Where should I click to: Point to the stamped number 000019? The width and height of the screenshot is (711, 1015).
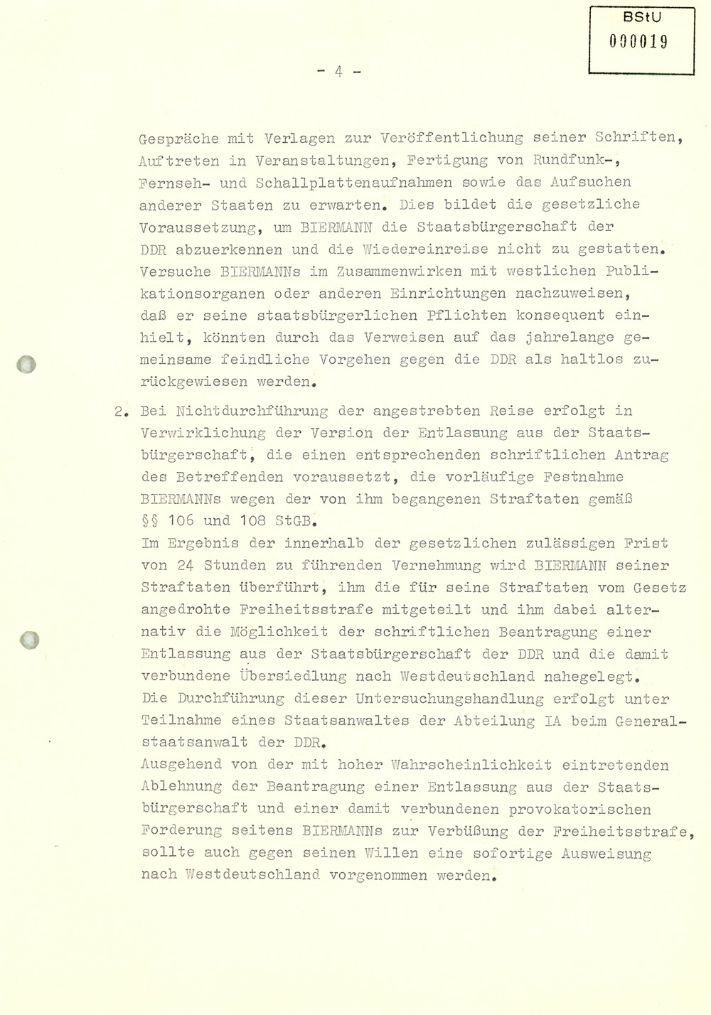pyautogui.click(x=642, y=42)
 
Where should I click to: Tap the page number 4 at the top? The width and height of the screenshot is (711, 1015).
pyautogui.click(x=339, y=72)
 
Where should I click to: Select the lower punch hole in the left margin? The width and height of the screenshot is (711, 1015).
pyautogui.click(x=28, y=640)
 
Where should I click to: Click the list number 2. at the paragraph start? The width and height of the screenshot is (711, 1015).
pyautogui.click(x=122, y=412)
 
